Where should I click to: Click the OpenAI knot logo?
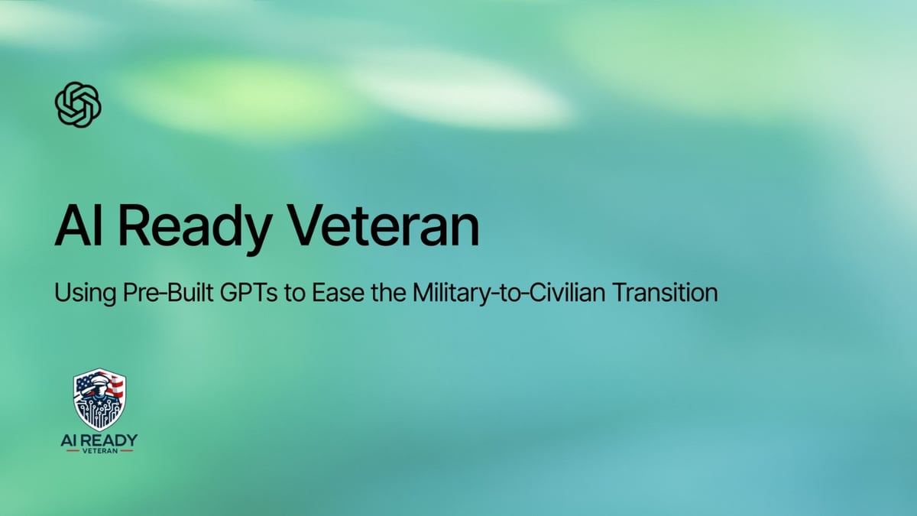click(78, 105)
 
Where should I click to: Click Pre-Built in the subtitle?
click(158, 294)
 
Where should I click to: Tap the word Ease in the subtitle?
click(334, 294)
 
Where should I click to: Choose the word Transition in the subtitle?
click(669, 294)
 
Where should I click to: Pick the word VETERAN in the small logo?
click(99, 451)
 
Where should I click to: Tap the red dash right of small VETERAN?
click(126, 451)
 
